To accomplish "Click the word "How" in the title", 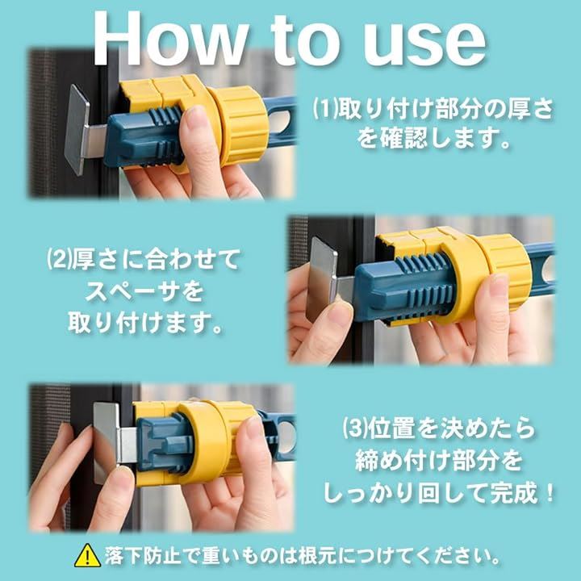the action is coord(170,40).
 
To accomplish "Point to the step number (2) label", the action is coord(59,259).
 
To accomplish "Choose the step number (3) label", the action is coord(355,429).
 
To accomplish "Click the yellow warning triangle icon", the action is coord(87,556).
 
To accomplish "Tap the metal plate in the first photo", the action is coord(77,129).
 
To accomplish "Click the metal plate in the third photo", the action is coord(106,444).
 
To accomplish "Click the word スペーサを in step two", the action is coord(144,290).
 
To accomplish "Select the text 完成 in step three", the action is coord(514,493).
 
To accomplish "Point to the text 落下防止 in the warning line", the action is coord(142,556).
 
